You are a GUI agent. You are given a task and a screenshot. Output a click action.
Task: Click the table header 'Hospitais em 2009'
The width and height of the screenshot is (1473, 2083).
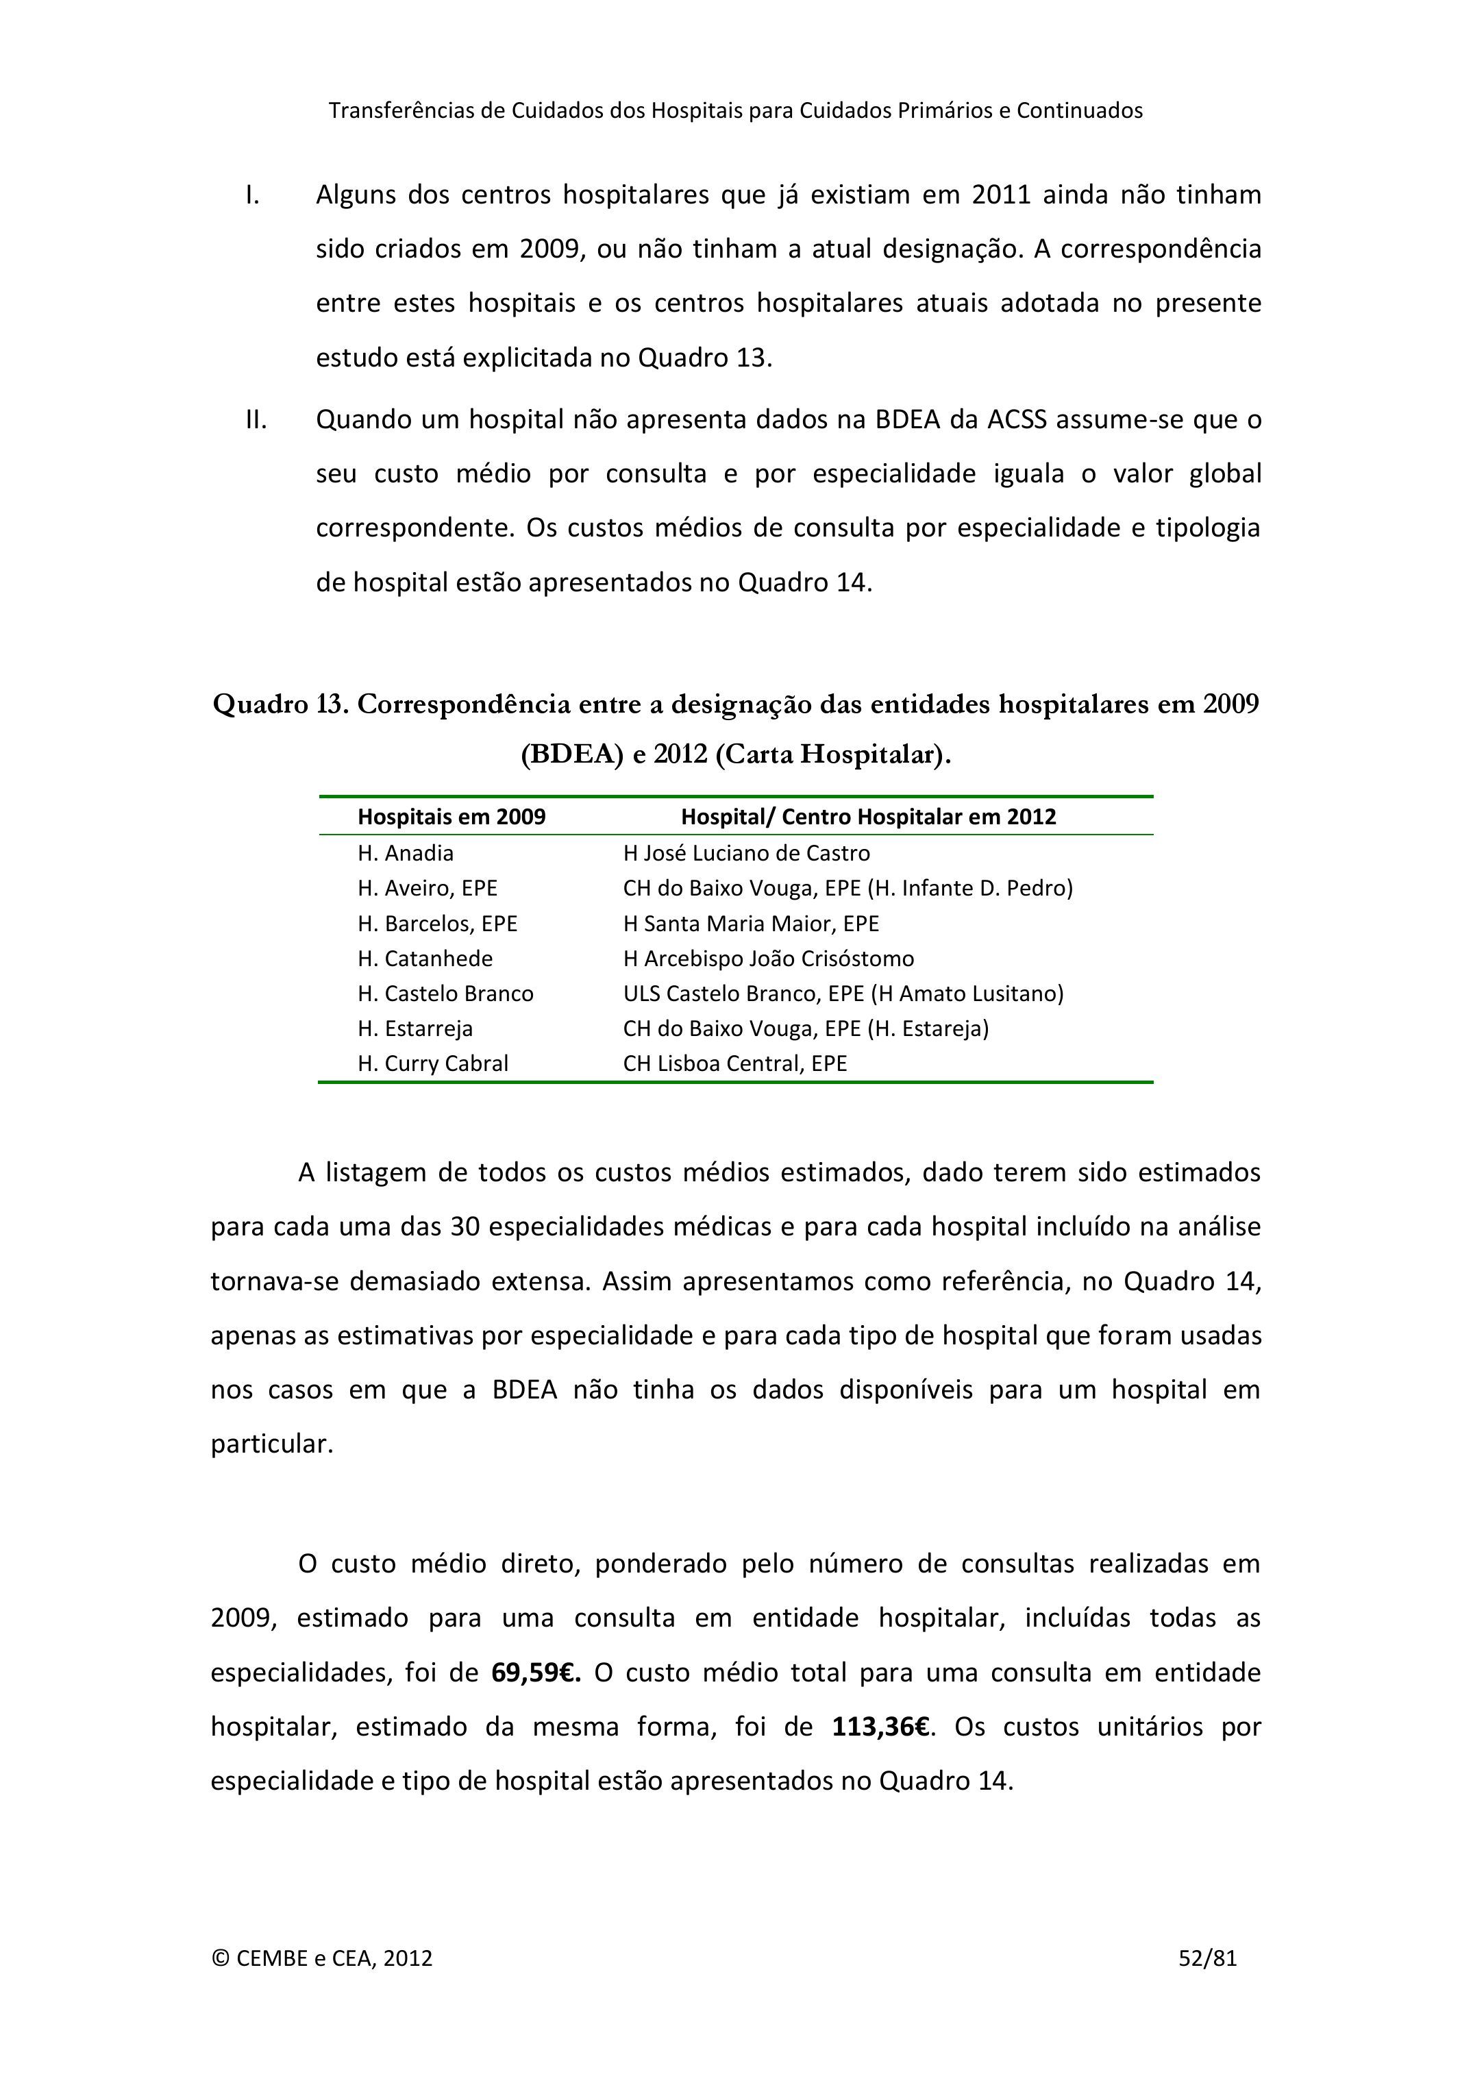click(x=451, y=817)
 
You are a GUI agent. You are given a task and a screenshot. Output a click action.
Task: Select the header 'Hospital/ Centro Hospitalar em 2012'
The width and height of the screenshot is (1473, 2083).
click(x=868, y=817)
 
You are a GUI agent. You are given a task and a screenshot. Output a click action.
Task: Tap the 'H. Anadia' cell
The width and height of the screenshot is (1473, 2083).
click(x=406, y=853)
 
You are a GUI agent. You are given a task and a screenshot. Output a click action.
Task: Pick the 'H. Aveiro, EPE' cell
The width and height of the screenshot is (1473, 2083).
click(x=428, y=888)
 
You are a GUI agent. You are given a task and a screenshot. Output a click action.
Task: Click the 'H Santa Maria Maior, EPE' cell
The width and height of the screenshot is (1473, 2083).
click(x=751, y=924)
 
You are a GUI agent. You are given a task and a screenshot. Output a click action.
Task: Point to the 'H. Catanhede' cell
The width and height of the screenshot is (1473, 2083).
click(x=425, y=959)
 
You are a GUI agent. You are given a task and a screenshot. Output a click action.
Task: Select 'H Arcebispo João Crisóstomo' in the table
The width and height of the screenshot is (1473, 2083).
click(x=768, y=959)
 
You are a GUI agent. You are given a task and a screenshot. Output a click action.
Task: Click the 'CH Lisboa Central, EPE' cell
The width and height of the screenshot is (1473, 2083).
click(x=734, y=1063)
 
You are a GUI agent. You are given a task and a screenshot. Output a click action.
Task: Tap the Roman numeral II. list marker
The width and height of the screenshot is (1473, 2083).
click(x=256, y=420)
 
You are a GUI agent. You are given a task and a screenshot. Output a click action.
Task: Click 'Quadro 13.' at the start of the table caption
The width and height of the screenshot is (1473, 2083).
click(x=280, y=704)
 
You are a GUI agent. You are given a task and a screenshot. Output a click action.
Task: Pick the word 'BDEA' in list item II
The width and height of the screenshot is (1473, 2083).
click(x=908, y=420)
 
